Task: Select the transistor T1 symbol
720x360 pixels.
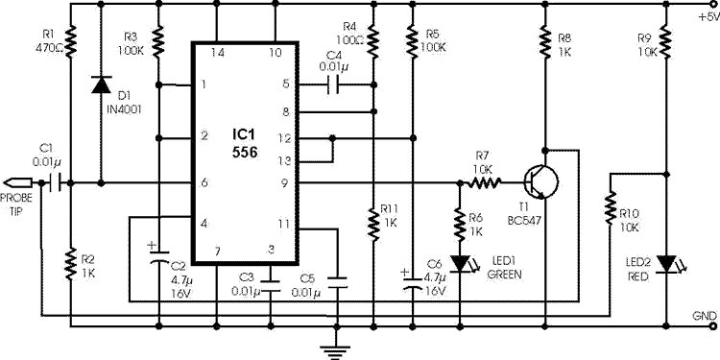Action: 537,180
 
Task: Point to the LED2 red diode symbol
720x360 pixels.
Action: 664,261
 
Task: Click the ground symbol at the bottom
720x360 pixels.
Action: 332,347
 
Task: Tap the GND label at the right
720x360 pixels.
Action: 704,314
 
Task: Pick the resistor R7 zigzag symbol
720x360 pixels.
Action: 486,180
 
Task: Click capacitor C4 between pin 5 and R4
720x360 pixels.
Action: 333,84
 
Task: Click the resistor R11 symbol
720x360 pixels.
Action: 372,221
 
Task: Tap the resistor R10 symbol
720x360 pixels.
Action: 609,206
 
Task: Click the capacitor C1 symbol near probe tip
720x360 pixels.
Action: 59,180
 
